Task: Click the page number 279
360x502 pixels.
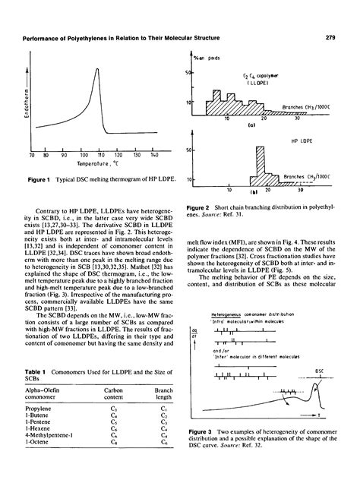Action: pos(331,37)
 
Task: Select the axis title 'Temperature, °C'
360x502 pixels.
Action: pos(82,164)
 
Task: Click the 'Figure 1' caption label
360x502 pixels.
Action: pos(41,181)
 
